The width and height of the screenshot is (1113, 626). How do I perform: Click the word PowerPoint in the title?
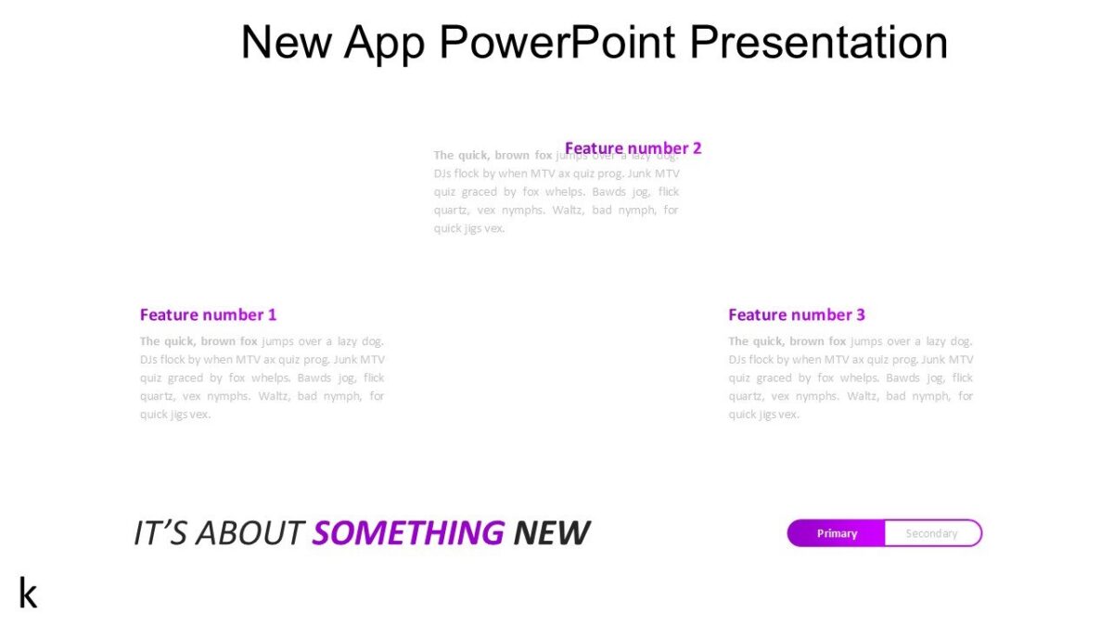[558, 43]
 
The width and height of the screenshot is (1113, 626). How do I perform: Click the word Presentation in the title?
[819, 43]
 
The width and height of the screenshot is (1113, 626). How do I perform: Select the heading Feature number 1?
[208, 314]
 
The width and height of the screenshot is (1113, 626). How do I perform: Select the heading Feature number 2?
[633, 148]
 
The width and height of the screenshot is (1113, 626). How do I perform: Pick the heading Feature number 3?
[796, 314]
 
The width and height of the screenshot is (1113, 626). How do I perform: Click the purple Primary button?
[837, 533]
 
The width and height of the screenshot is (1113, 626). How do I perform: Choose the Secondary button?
[931, 533]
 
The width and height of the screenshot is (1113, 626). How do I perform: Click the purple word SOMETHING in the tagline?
[408, 533]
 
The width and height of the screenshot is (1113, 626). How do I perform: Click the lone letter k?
[28, 593]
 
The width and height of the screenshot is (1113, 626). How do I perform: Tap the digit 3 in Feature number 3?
[861, 314]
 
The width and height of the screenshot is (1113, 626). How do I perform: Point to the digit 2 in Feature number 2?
[697, 148]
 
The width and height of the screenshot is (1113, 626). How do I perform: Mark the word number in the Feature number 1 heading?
[233, 314]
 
